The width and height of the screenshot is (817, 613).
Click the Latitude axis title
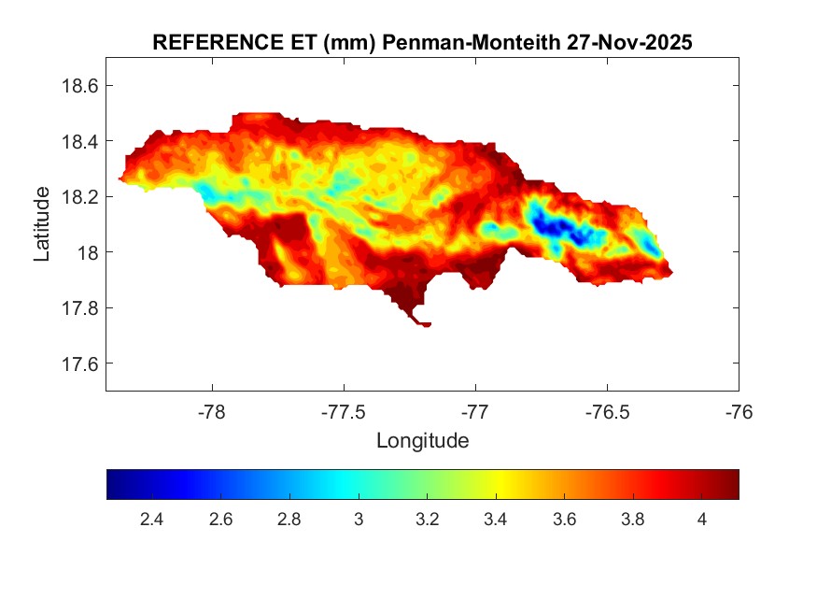point(42,223)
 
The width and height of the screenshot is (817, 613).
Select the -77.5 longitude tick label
point(345,411)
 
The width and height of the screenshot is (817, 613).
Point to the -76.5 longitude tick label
point(608,411)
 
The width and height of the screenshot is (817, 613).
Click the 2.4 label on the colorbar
point(151,520)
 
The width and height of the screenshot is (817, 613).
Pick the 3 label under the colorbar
point(358,520)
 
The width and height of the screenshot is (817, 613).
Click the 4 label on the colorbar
point(701,520)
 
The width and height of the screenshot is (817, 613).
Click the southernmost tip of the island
point(426,325)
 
